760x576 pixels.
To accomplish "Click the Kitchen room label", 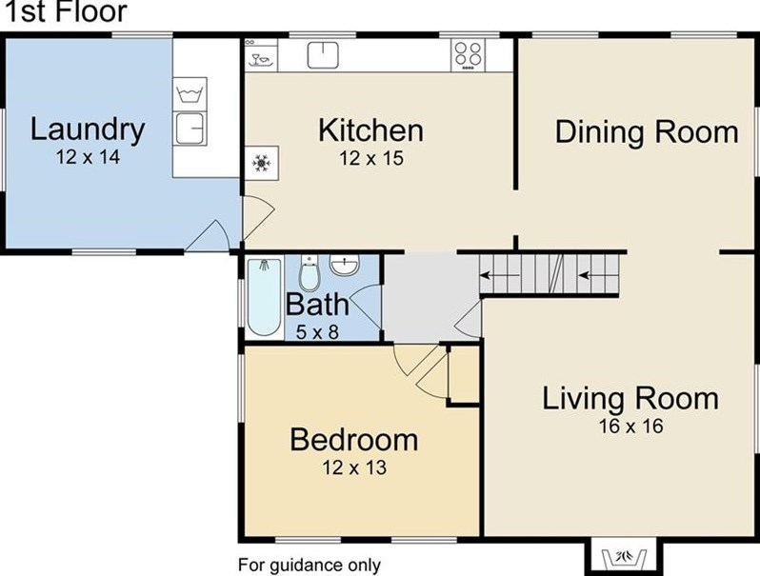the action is [x=370, y=130].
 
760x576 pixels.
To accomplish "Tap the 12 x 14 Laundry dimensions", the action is [x=88, y=157].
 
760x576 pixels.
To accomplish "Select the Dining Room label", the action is [x=647, y=131].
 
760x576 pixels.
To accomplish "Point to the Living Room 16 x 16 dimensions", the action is [x=630, y=427].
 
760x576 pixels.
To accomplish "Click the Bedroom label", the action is [x=354, y=440].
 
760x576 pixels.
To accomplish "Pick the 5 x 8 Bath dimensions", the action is [x=317, y=332].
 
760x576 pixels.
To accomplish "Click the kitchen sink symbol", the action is [x=323, y=54].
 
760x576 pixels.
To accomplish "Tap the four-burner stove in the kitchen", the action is [x=468, y=54].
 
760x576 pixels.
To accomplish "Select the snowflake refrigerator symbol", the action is [x=261, y=163].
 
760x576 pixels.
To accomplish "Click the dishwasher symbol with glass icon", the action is [x=261, y=55].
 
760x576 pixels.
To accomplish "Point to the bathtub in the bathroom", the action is [x=264, y=297].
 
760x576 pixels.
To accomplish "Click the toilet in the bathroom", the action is [x=310, y=273].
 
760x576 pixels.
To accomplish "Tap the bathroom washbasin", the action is [x=344, y=265].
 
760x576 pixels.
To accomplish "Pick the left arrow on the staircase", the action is [x=500, y=276].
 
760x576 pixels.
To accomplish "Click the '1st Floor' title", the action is [x=66, y=11].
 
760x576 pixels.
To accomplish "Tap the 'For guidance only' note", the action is [x=310, y=565].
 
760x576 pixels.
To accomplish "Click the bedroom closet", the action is [x=464, y=374].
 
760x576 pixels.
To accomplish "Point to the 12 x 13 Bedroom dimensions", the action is [x=354, y=467].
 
